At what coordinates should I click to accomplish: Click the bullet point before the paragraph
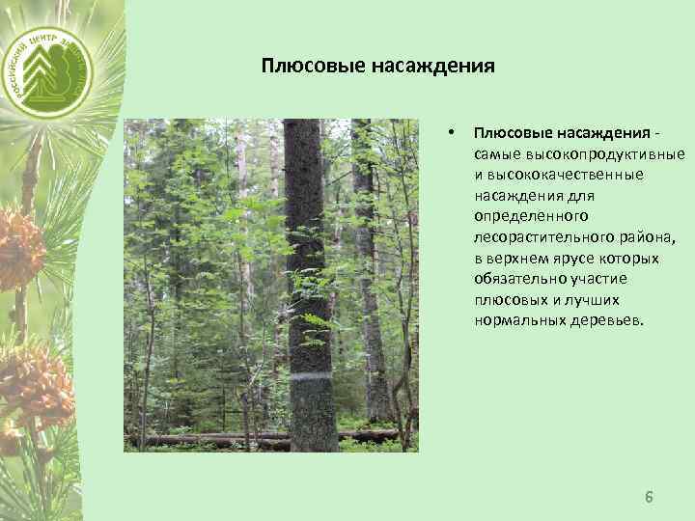pos(450,132)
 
